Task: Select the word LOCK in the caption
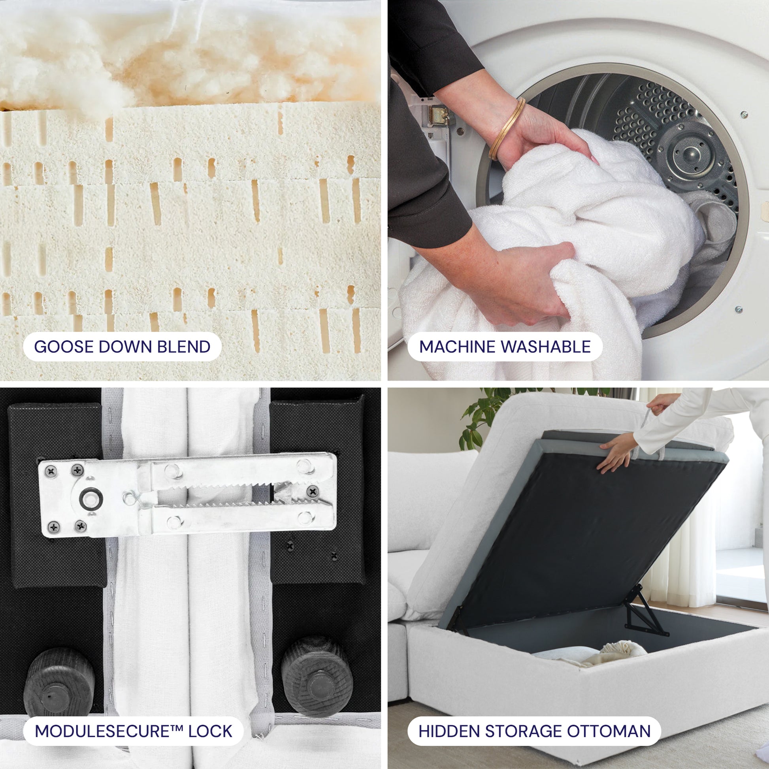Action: tap(210, 731)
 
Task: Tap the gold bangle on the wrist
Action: tap(507, 128)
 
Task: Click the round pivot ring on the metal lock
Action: tap(91, 499)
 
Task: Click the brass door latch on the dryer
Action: tap(440, 115)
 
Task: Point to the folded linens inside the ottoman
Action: tap(589, 655)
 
